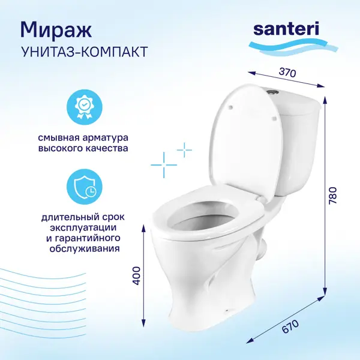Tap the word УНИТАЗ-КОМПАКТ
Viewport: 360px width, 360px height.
tap(84, 52)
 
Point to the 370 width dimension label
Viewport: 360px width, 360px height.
tap(287, 73)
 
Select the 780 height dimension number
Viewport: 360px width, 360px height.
tap(332, 196)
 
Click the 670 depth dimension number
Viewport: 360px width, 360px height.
tap(290, 326)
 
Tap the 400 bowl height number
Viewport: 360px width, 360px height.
tap(137, 276)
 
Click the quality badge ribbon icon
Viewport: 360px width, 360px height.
tap(84, 107)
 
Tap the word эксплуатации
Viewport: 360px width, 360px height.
tap(83, 228)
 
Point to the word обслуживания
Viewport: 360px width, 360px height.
tap(85, 248)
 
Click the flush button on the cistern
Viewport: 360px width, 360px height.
tap(272, 91)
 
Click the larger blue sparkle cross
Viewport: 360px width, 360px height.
tap(164, 165)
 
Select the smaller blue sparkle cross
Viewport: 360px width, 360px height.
tap(184, 150)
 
